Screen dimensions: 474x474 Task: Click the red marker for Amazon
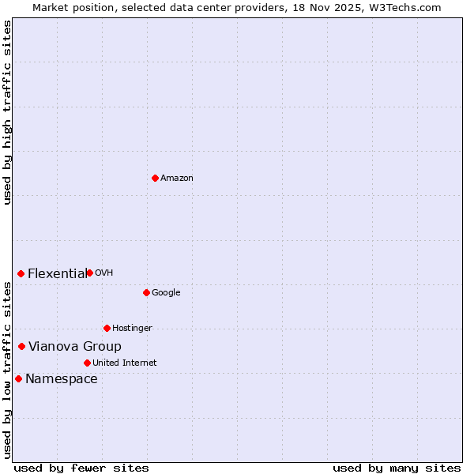point(155,178)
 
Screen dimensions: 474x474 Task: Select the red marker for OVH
point(89,273)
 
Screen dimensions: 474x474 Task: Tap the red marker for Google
point(146,292)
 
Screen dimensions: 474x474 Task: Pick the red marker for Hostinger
point(107,328)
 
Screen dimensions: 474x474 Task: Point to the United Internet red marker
point(87,363)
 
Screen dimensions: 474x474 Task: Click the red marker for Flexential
point(21,273)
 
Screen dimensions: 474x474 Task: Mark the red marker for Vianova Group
point(21,346)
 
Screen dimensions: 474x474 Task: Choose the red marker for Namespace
point(18,378)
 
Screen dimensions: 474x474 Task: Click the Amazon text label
point(177,179)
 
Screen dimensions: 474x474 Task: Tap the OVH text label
point(104,273)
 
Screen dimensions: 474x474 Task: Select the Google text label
point(166,293)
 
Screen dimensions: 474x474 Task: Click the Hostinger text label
point(132,329)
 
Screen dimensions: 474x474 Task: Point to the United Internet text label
point(125,363)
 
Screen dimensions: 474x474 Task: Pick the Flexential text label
point(57,274)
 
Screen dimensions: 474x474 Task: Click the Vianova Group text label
point(75,347)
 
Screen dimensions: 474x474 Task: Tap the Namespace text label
point(62,379)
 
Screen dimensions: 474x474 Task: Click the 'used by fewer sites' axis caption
point(81,468)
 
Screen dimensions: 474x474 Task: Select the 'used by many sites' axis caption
point(397,468)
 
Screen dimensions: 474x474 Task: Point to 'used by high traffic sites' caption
point(7,112)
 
